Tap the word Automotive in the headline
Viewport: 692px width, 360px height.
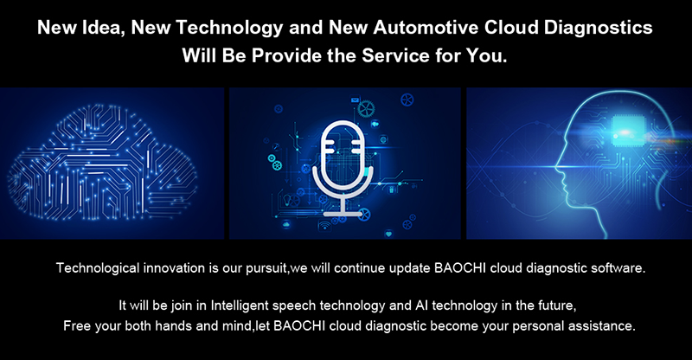(426, 28)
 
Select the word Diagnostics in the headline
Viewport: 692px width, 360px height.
(598, 28)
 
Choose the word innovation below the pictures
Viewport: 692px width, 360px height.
(175, 267)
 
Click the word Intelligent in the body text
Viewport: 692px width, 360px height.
(240, 305)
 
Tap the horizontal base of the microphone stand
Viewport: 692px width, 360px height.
(343, 214)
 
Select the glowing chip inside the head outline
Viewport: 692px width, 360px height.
(625, 132)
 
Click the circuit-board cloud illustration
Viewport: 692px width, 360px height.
(102, 163)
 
